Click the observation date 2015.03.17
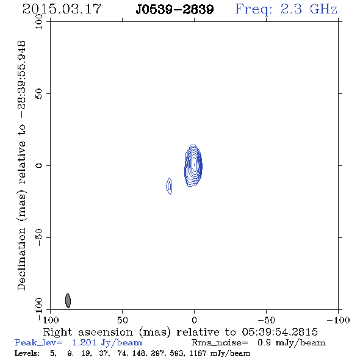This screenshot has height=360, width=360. [x=62, y=9]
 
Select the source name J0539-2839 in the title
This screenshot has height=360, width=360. [x=175, y=10]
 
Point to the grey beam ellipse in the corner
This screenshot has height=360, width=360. [x=68, y=301]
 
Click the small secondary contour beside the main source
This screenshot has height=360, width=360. [x=169, y=186]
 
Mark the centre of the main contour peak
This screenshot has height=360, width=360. [x=194, y=165]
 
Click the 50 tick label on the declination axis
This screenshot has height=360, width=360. [x=39, y=93]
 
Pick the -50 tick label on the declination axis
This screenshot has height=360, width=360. [x=39, y=237]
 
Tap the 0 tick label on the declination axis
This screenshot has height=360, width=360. [x=39, y=165]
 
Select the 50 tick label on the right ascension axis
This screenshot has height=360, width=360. [x=122, y=320]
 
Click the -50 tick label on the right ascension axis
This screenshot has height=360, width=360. [x=266, y=320]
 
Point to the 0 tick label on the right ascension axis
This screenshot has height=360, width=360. [x=194, y=320]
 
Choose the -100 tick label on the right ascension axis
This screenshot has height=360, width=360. [x=338, y=320]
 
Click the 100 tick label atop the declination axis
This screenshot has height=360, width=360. [x=39, y=21]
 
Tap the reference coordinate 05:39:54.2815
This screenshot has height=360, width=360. [x=279, y=332]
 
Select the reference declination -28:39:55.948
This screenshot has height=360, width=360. [x=22, y=80]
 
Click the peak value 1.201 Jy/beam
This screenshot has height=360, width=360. [x=107, y=343]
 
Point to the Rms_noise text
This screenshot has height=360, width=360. [x=220, y=343]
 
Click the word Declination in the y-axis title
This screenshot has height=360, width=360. [x=21, y=259]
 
